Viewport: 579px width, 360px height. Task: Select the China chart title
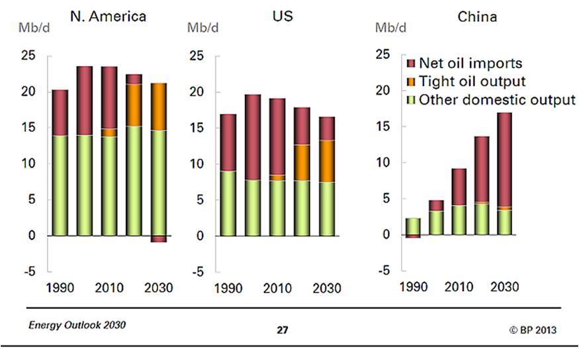(477, 17)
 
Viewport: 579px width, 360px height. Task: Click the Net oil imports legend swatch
(410, 64)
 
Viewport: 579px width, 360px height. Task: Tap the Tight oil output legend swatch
(410, 82)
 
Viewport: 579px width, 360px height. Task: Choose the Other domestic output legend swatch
(410, 100)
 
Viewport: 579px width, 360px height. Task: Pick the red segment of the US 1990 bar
(228, 142)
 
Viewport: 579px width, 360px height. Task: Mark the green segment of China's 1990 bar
(413, 226)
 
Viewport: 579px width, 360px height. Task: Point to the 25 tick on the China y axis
(384, 54)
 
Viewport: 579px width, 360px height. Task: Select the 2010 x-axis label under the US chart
(278, 289)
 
